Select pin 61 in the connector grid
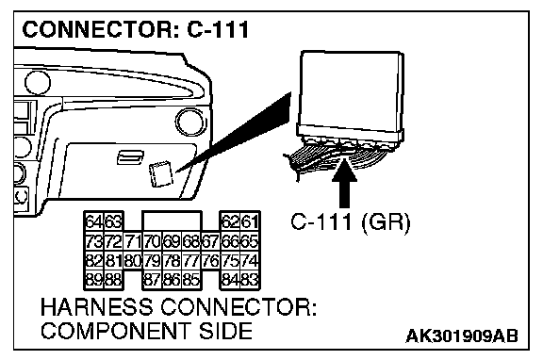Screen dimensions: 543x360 pos(250,221)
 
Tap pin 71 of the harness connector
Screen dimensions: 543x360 pos(132,241)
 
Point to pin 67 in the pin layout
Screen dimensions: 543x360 pos(210,241)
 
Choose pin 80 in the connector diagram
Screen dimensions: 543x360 pos(132,260)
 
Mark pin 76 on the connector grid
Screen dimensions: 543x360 pos(210,260)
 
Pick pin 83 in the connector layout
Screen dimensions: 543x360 pos(250,279)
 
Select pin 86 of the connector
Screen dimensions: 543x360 pos(172,279)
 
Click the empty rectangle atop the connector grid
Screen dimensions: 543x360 pos(172,221)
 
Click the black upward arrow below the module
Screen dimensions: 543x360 pos(344,183)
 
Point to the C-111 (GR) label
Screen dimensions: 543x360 pos(350,222)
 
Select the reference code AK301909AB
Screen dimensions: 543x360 pos(462,335)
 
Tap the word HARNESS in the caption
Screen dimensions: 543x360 pos(96,306)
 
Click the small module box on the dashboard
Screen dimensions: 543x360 pos(160,174)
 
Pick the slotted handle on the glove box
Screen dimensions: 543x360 pos(129,157)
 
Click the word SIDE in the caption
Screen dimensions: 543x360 pos(225,331)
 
